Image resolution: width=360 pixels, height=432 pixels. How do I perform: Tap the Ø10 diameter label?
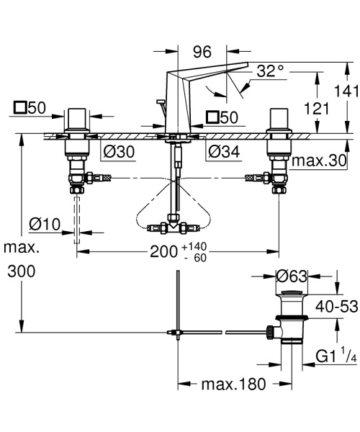tap(45, 224)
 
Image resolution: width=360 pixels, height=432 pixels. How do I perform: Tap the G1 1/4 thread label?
tap(336, 356)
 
